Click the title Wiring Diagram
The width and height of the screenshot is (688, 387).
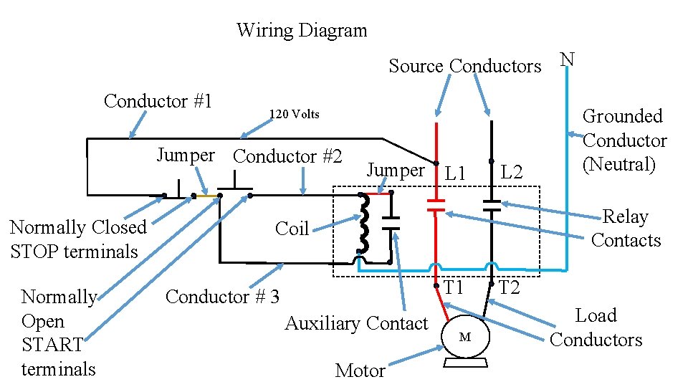[x=301, y=31]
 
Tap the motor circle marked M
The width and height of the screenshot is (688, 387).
[x=464, y=337]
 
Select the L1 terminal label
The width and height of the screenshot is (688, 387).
[x=455, y=173]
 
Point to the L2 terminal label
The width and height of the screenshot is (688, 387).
[x=512, y=173]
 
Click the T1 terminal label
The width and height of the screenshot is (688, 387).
[x=454, y=288]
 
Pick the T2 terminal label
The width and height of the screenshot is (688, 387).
[x=509, y=288]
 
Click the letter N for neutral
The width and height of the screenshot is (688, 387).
[x=567, y=59]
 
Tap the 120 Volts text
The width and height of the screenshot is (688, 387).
[x=294, y=115]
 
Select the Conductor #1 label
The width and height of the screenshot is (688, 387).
[x=158, y=101]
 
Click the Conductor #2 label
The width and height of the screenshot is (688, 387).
[x=287, y=156]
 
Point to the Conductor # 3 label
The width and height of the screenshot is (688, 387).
[x=222, y=297]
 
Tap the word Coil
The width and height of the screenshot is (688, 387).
[x=292, y=229]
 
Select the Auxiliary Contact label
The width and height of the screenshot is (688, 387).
[x=356, y=324]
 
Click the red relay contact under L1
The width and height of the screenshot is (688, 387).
[x=436, y=206]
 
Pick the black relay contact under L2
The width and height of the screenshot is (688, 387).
[x=492, y=206]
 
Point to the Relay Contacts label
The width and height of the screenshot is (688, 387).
[x=626, y=229]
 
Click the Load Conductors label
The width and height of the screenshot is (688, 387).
[x=596, y=328]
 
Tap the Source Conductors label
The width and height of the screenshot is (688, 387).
[x=464, y=67]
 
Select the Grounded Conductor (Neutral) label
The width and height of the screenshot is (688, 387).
[x=624, y=140]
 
